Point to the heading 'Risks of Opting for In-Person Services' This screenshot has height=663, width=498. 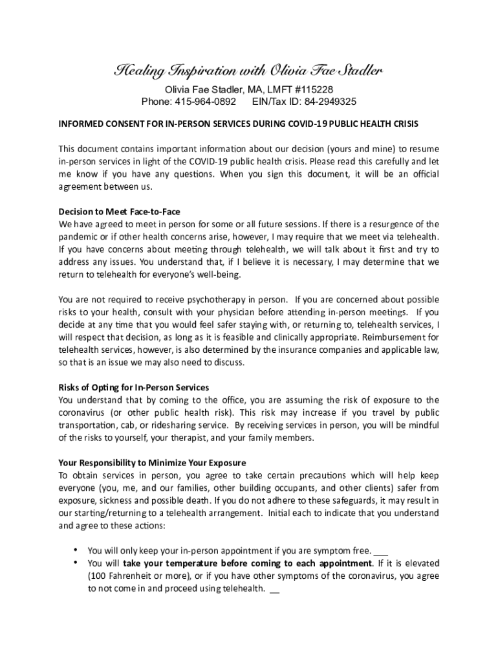(134, 388)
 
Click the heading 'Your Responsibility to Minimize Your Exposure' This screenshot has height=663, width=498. (152, 463)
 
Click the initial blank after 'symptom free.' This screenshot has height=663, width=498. (381, 551)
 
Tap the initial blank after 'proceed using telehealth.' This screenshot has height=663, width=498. (274, 589)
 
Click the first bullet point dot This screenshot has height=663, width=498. (77, 550)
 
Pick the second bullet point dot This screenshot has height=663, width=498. (77, 563)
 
